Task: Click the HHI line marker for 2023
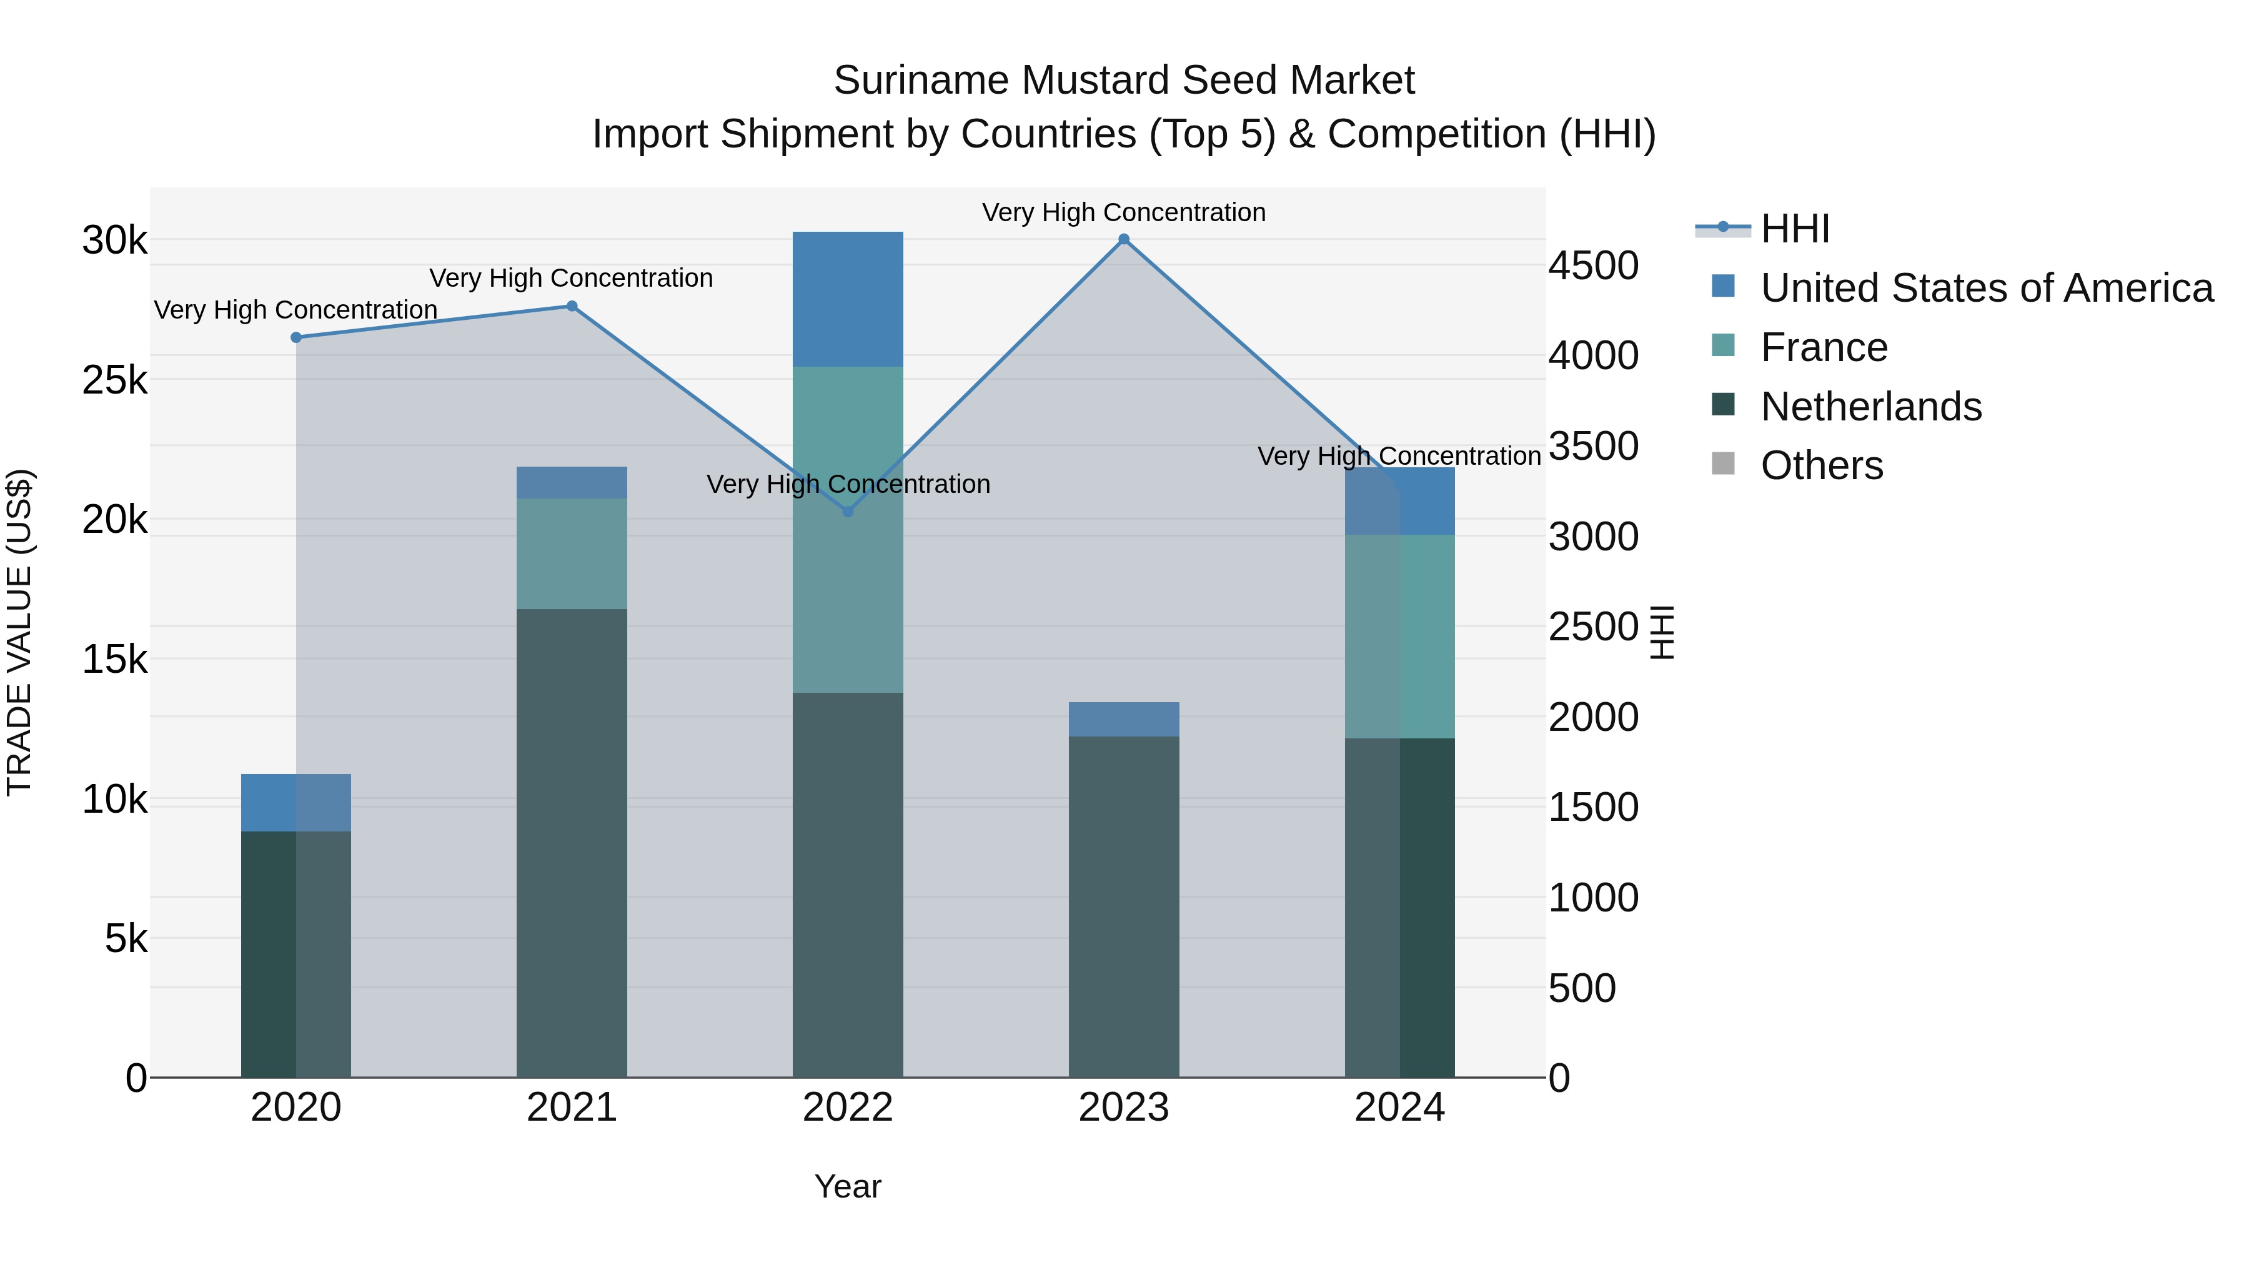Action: point(1124,239)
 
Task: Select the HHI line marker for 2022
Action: point(848,512)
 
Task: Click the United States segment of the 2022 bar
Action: point(848,299)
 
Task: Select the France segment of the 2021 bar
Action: point(572,553)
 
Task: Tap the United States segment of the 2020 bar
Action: point(296,802)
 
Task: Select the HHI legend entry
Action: point(1794,229)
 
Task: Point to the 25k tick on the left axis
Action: point(114,380)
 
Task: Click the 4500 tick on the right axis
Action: point(1593,265)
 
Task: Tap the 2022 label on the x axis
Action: point(848,1108)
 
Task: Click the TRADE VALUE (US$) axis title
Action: point(19,632)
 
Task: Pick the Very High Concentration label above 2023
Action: point(1124,212)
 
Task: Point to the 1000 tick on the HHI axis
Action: point(1593,898)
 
